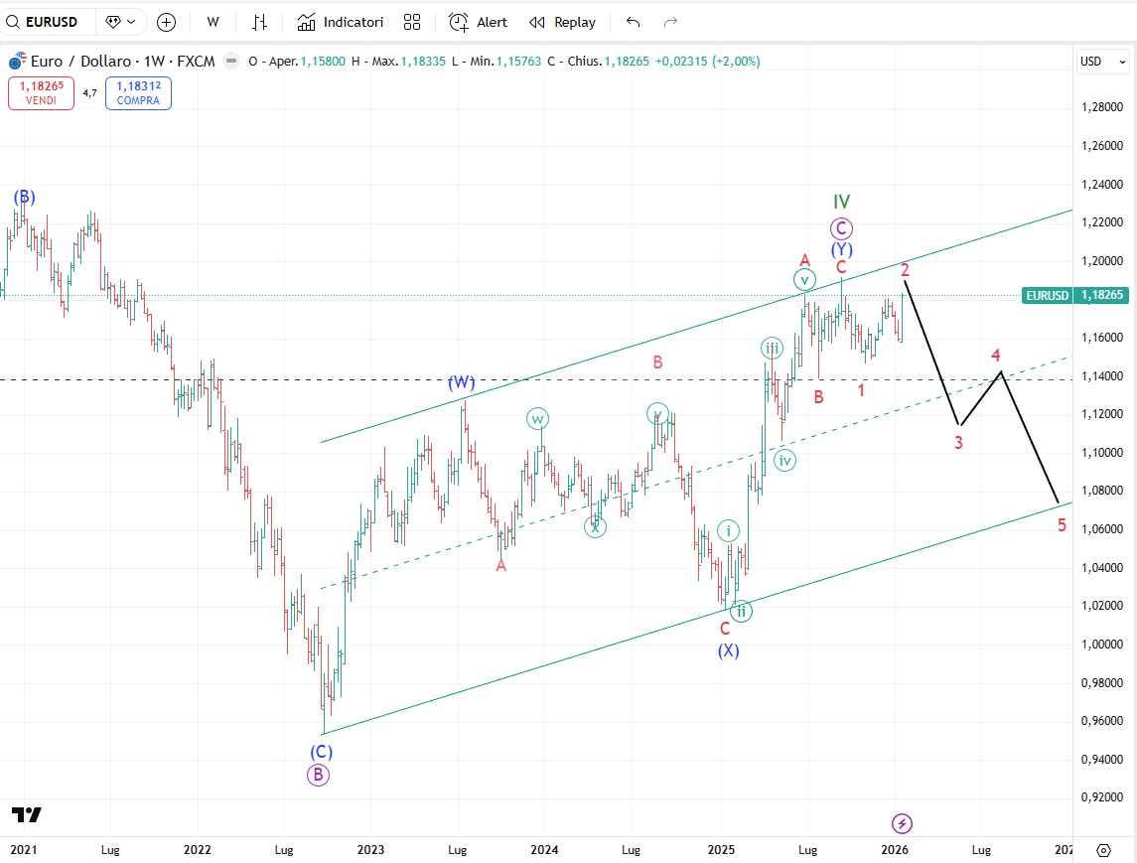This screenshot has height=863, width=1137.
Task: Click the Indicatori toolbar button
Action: [x=341, y=22]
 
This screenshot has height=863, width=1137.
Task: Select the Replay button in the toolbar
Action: [x=562, y=22]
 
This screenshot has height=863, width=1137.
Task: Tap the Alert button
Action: [x=478, y=22]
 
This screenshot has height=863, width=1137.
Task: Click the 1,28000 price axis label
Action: [x=1104, y=106]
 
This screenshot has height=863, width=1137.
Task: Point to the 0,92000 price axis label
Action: [x=1104, y=796]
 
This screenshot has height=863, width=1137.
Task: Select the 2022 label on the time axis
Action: [x=197, y=849]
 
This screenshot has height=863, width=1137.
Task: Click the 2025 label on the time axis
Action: [x=720, y=849]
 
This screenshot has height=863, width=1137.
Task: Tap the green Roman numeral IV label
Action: [x=841, y=203]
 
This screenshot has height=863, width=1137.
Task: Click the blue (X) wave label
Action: [x=728, y=650]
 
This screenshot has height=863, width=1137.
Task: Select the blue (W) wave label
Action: [x=462, y=382]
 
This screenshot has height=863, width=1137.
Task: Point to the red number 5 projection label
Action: [x=1062, y=525]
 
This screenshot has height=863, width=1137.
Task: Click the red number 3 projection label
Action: [x=958, y=443]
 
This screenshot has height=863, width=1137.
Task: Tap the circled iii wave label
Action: [x=772, y=348]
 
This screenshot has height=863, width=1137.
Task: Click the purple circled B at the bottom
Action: [x=318, y=776]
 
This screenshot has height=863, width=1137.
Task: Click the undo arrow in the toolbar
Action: [x=633, y=22]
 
